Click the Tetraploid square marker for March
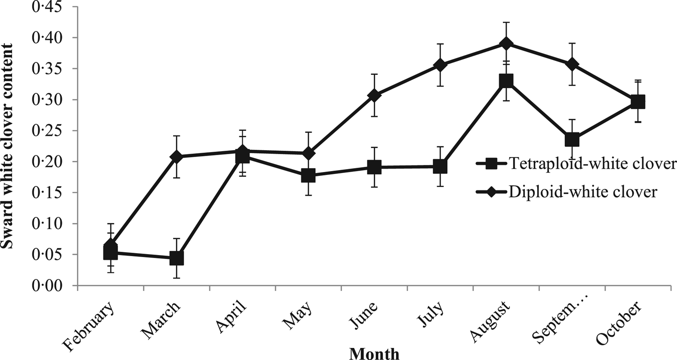tap(177, 258)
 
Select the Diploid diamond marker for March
tap(177, 157)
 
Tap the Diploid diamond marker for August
tap(506, 44)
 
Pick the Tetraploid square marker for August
tap(506, 81)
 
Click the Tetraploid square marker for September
tap(572, 140)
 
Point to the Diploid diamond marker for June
tap(374, 95)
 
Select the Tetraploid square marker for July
tap(440, 167)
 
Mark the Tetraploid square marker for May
tap(309, 175)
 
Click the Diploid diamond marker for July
tap(440, 65)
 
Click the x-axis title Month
tap(374, 354)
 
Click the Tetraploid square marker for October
tap(638, 102)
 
